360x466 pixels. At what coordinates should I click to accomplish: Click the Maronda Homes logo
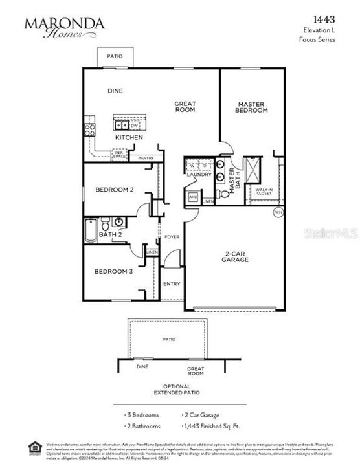(x=64, y=27)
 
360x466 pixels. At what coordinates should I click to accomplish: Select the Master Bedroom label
(x=252, y=107)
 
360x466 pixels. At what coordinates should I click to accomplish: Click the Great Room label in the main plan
(x=185, y=107)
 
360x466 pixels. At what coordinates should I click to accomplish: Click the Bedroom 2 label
(x=115, y=190)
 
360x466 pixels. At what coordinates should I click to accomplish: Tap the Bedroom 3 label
(x=114, y=272)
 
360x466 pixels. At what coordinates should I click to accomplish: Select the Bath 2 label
(x=107, y=234)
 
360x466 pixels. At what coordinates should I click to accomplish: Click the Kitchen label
(x=129, y=138)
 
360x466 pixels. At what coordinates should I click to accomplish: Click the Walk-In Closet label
(x=264, y=191)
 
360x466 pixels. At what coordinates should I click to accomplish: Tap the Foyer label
(x=172, y=237)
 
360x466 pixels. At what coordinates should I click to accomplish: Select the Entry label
(x=172, y=283)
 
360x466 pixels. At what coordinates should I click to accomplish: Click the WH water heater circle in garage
(x=278, y=212)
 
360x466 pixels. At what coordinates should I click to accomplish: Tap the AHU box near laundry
(x=193, y=197)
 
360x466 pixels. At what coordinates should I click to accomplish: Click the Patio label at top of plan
(x=115, y=56)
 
